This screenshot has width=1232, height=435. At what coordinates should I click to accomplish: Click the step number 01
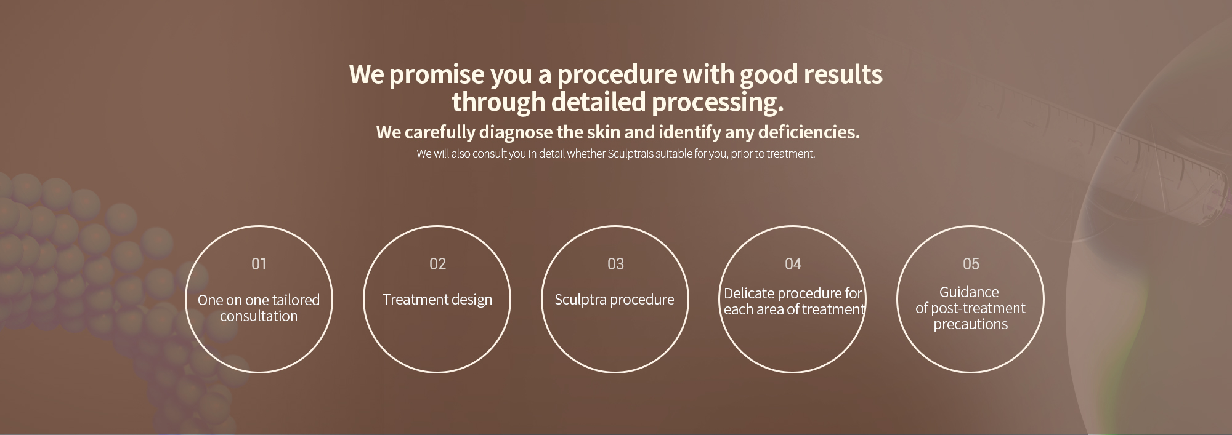click(x=259, y=264)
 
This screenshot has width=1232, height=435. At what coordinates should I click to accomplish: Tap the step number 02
click(x=437, y=264)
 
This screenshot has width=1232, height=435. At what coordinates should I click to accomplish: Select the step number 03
click(x=615, y=264)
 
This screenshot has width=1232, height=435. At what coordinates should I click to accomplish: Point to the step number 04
click(x=793, y=264)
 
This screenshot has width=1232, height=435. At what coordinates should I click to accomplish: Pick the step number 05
click(x=971, y=264)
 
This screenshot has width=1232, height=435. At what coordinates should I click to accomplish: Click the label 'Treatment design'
click(x=437, y=300)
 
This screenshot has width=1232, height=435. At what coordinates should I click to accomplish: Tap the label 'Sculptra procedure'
click(x=614, y=300)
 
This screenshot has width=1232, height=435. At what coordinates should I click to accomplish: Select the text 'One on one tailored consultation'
click(x=259, y=308)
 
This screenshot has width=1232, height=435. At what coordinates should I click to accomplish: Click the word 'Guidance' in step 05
click(x=969, y=292)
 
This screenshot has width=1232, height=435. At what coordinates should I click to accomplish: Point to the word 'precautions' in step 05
click(x=971, y=324)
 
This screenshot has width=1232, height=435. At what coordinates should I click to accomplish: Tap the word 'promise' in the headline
click(x=437, y=74)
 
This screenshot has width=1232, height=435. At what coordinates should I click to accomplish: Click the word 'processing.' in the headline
click(x=718, y=103)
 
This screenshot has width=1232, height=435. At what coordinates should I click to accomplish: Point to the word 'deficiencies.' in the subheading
click(x=809, y=132)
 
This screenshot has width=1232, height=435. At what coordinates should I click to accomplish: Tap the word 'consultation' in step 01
click(x=259, y=316)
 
